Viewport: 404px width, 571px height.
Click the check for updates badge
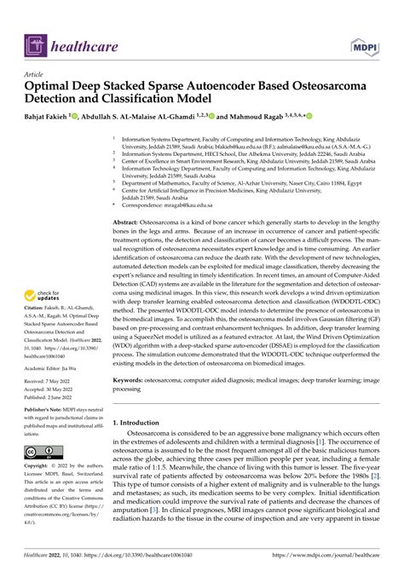pyautogui.click(x=47, y=297)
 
